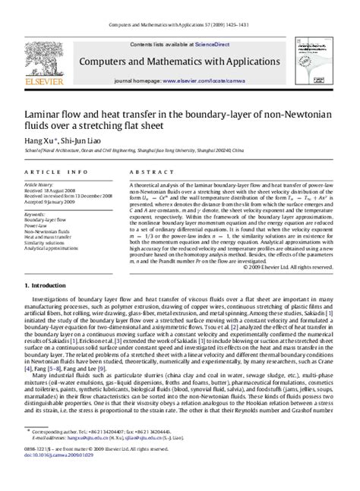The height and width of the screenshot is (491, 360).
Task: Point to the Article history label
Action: point(39,184)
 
